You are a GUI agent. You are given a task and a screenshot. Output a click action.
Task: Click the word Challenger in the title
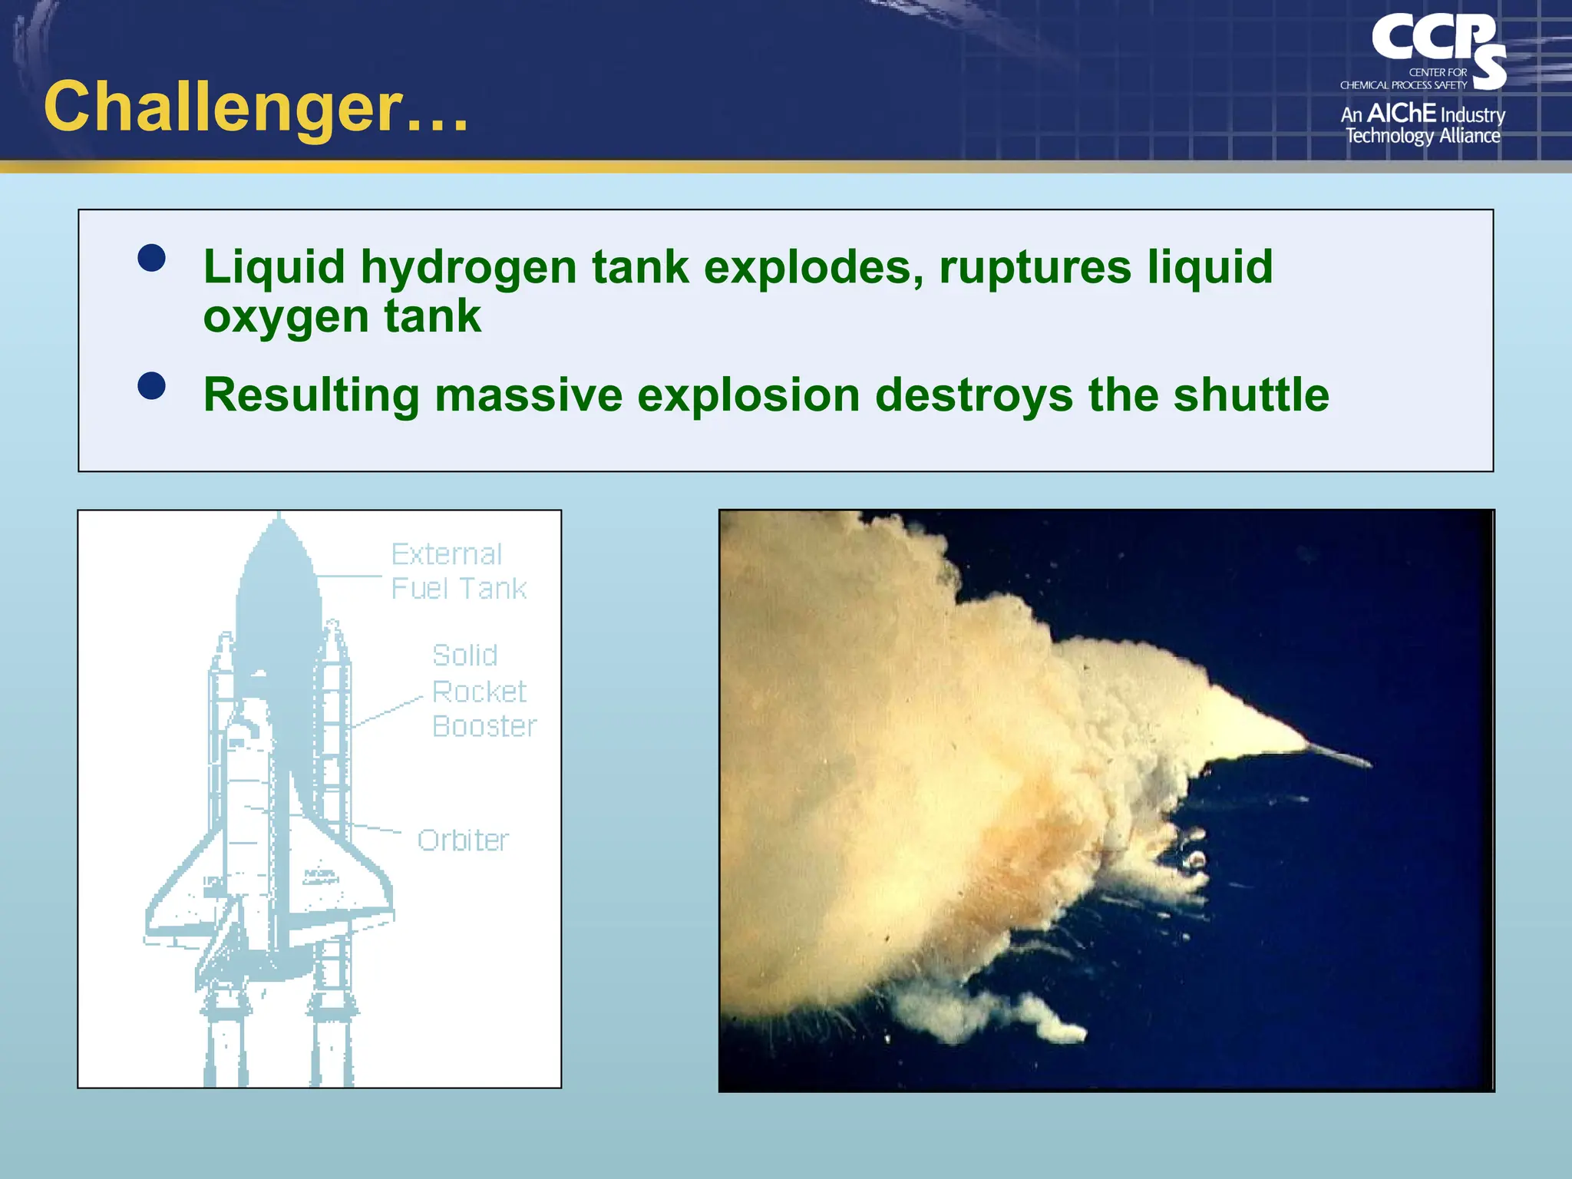point(223,107)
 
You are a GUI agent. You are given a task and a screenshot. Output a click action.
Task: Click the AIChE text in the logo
point(1402,114)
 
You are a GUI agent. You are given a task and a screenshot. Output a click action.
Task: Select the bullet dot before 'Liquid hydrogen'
point(151,258)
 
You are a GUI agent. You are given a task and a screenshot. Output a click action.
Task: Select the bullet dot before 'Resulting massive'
point(151,386)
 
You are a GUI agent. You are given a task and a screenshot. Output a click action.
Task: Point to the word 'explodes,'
point(814,269)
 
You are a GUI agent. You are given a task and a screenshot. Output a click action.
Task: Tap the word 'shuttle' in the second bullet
point(1250,396)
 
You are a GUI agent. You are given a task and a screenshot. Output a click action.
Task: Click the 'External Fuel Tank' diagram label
point(457,571)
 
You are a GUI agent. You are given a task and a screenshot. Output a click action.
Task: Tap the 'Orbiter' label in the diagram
point(463,840)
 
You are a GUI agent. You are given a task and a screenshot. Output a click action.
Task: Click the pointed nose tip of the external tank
point(279,519)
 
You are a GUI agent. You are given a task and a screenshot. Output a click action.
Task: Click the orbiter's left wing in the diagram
point(184,906)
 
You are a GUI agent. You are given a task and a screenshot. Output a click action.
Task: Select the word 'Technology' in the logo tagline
point(1389,137)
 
